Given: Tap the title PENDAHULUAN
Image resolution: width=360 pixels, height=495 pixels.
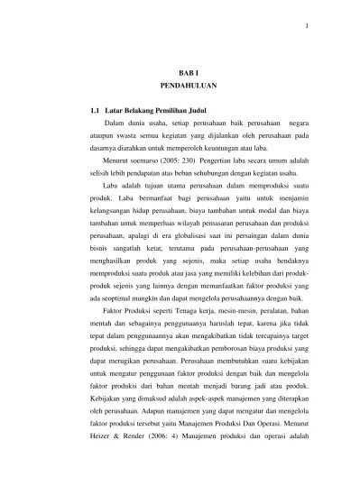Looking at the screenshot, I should (x=180, y=90).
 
